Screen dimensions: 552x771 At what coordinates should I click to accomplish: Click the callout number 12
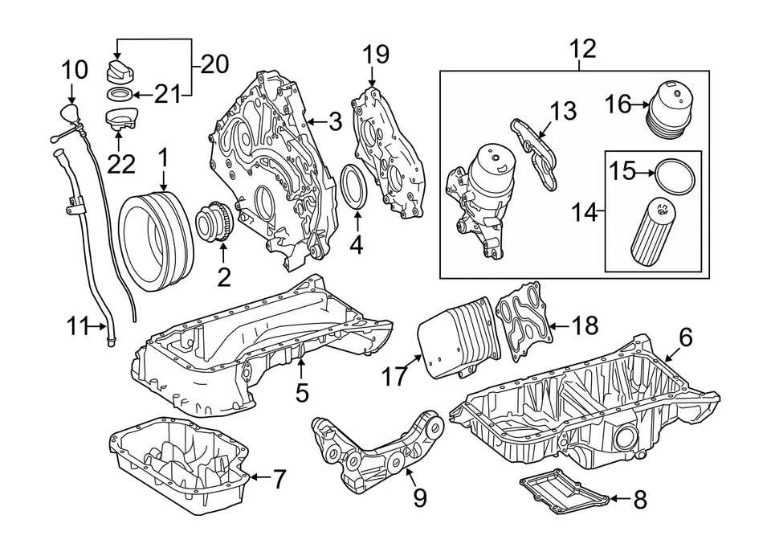tap(583, 50)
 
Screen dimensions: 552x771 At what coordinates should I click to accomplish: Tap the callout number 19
tap(375, 55)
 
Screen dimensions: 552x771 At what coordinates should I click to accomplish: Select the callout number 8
tap(639, 500)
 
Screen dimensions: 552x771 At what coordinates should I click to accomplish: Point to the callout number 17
tap(395, 376)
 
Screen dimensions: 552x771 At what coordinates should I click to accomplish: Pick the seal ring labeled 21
tap(118, 96)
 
